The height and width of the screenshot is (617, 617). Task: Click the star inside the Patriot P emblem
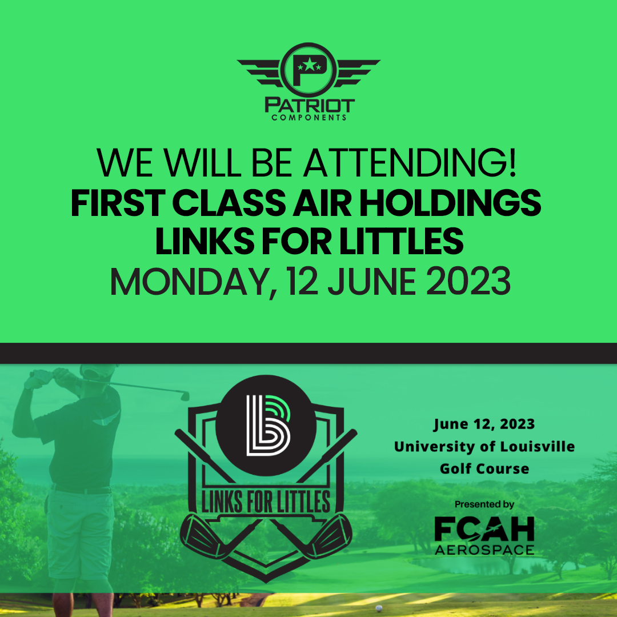[310, 65]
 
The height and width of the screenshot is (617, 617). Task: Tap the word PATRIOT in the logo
[310, 106]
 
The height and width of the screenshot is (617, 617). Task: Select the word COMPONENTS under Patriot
[309, 118]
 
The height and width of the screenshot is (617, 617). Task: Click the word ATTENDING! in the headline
[409, 162]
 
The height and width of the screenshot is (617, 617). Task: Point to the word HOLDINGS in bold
[450, 203]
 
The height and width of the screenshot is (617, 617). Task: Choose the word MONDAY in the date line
[194, 282]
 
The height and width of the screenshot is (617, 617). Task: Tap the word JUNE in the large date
[372, 282]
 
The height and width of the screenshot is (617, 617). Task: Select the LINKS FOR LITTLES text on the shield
[266, 502]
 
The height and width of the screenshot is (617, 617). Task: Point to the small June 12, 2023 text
[484, 424]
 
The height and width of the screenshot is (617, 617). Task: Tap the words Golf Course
[484, 468]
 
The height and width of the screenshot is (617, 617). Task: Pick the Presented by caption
[484, 504]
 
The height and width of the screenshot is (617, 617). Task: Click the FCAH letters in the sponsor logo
[484, 529]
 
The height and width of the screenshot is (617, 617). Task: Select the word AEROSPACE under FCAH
[484, 550]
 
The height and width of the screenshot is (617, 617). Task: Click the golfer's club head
[185, 395]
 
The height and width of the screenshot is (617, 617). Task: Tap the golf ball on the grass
[379, 608]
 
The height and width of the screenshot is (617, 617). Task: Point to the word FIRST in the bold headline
[118, 203]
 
